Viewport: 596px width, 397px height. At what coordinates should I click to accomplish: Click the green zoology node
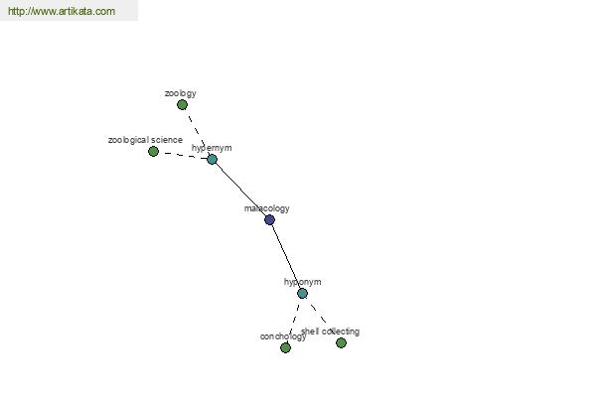tap(182, 105)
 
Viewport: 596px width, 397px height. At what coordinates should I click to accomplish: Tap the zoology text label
tap(180, 93)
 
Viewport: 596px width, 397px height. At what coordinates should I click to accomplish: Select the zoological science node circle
tap(153, 152)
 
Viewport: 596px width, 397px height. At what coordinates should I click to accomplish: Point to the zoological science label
tap(145, 140)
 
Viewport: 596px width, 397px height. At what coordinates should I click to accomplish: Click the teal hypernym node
tap(213, 159)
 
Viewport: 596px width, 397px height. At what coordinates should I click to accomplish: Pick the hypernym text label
tap(212, 148)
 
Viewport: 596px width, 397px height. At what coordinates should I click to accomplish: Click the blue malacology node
tap(269, 219)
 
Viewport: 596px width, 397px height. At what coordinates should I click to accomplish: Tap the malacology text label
tap(267, 208)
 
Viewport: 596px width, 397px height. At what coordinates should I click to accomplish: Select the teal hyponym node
tap(302, 294)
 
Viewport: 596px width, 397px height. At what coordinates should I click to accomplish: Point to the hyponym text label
tap(303, 282)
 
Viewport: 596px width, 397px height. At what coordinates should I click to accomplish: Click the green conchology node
tap(285, 347)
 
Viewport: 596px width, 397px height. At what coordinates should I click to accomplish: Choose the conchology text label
tap(283, 336)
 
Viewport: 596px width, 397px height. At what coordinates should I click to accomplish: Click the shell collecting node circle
tap(342, 343)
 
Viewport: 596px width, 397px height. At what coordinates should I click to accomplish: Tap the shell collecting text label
tap(331, 331)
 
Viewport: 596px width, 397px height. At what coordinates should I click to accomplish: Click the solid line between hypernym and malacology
tap(241, 190)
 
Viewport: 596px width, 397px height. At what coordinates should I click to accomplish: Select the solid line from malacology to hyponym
tap(286, 256)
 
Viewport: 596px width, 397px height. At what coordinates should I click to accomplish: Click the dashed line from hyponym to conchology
tap(294, 321)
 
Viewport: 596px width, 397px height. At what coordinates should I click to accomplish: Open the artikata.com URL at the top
tap(62, 11)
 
